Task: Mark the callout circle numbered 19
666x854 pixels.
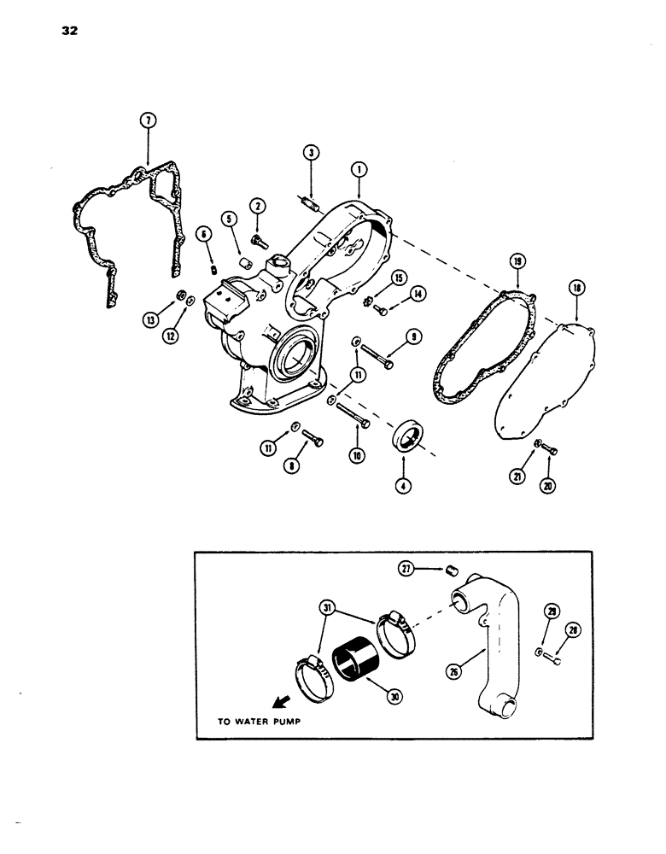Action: pyautogui.click(x=517, y=262)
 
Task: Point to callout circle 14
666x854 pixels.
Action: pyautogui.click(x=415, y=294)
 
